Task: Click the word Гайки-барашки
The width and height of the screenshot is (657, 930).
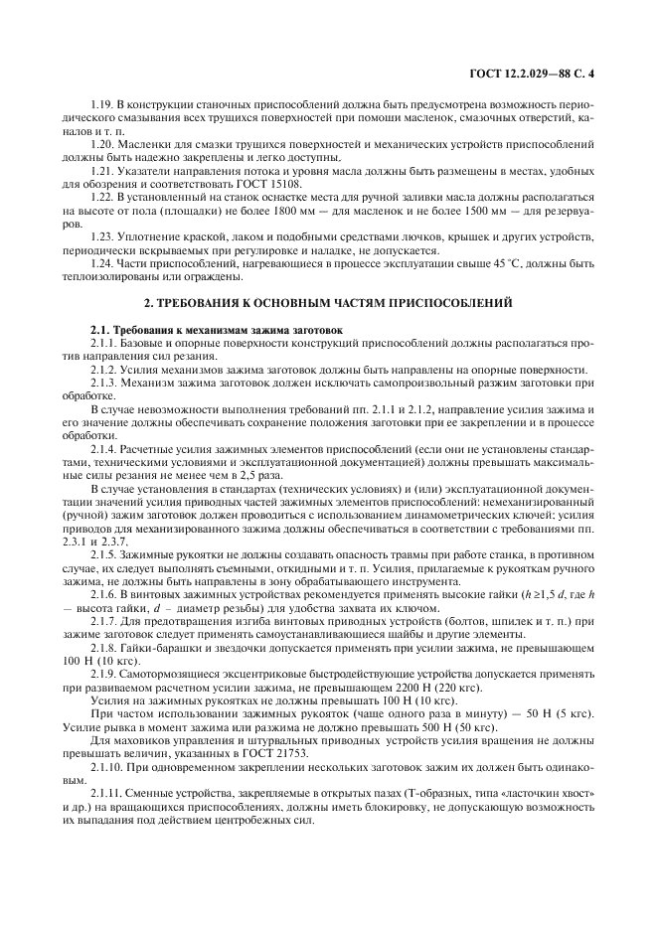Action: [x=154, y=640]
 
